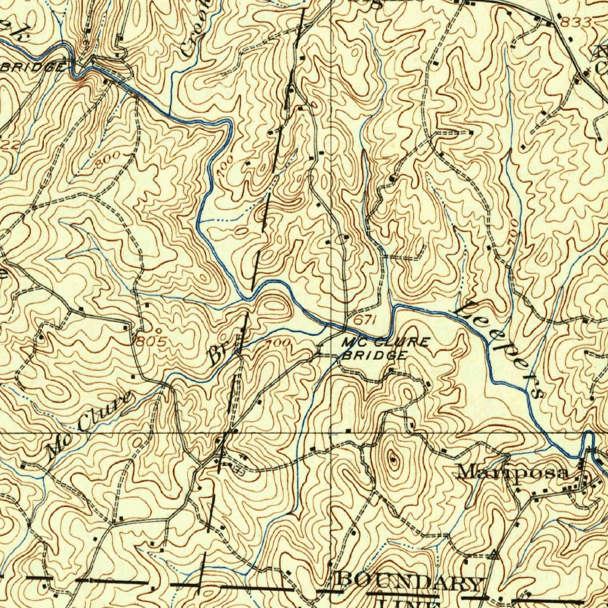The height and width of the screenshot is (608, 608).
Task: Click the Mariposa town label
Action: [x=514, y=473]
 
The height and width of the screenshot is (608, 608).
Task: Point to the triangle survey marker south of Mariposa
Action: [x=493, y=555]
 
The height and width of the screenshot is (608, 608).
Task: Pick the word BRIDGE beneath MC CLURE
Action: [x=374, y=355]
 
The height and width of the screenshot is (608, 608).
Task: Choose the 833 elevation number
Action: [x=575, y=22]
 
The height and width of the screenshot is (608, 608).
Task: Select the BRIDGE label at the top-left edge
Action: [x=33, y=67]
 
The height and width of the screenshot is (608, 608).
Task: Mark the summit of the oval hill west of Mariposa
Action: [x=392, y=458]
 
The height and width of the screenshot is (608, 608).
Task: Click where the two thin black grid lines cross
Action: [x=331, y=433]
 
